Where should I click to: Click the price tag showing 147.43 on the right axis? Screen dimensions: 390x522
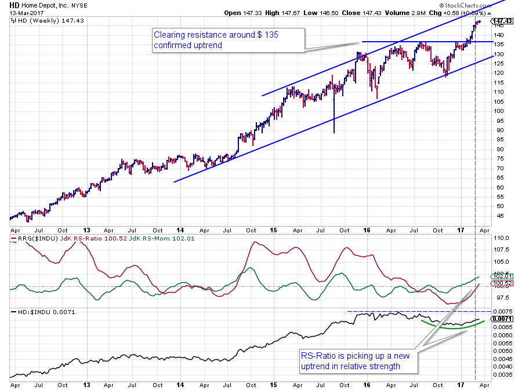[503, 21]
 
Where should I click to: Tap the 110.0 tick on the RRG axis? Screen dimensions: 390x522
[501, 238]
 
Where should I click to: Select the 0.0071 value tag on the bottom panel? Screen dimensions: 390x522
[502, 319]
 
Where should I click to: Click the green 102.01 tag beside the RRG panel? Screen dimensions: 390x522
[502, 276]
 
